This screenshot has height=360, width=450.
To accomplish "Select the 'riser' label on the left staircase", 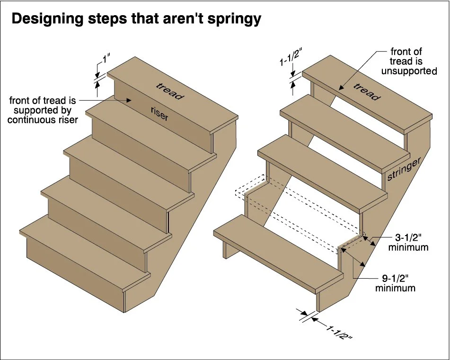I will point(159,114).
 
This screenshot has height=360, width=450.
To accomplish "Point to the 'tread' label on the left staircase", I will point(169,90).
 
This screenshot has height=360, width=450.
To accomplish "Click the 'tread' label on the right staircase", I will point(366,91).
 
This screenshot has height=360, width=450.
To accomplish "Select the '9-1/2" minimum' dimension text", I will point(395,283).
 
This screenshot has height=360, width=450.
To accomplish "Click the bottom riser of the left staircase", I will point(76,267).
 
